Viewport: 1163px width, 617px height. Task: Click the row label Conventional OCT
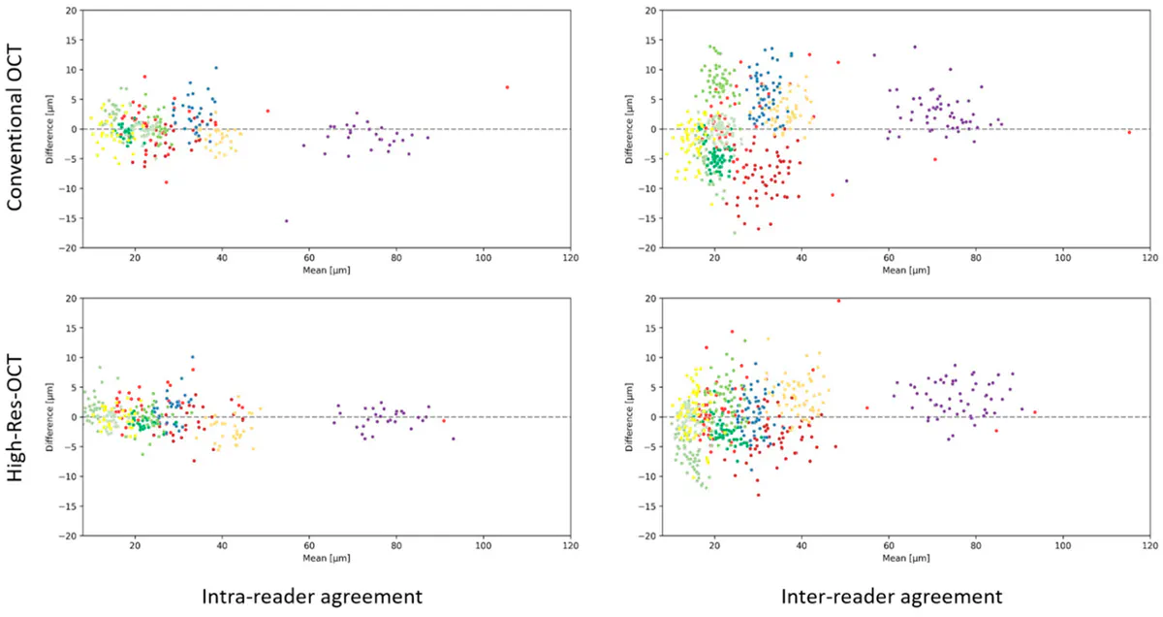(16, 130)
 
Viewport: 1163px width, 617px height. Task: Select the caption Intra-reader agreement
(312, 595)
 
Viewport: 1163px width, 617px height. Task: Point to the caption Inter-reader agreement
(892, 595)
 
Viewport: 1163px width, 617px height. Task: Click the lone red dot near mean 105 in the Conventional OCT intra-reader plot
(507, 87)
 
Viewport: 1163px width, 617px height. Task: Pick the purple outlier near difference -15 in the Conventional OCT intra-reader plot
(286, 221)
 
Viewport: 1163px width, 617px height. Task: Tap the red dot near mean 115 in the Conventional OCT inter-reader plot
(1129, 132)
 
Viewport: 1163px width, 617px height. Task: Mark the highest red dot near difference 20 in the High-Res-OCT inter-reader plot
(838, 301)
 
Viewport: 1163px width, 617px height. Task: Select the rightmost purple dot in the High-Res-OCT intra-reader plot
(453, 438)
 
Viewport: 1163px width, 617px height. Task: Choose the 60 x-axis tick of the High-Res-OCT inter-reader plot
(888, 545)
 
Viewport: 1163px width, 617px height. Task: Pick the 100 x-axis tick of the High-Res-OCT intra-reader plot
(483, 545)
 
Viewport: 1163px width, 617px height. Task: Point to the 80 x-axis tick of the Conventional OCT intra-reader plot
(395, 257)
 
